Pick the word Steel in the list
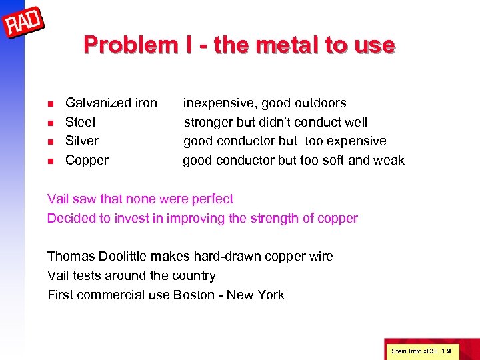pos(80,122)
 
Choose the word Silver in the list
pos(81,141)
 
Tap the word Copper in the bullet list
pos(87,160)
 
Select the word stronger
pos(209,122)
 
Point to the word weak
pos(389,160)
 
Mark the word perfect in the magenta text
pos(212,199)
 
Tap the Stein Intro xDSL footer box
pos(421,350)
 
